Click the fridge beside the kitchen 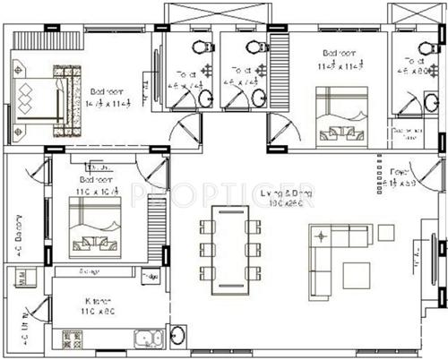pos(150,277)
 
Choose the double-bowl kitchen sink pos(144,339)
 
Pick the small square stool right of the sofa pos(385,232)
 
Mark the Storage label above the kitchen pos(88,271)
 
